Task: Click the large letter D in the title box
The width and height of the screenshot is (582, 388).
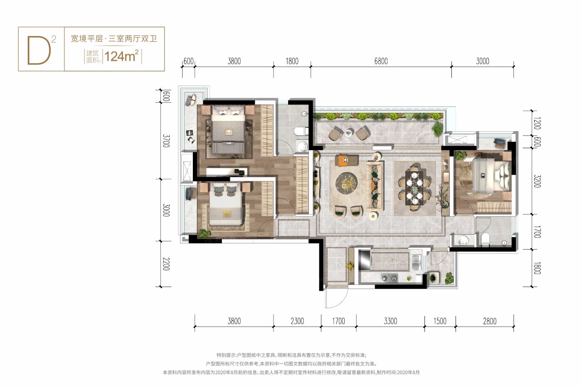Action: [39, 51]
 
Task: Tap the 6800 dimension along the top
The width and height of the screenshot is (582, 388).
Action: [381, 61]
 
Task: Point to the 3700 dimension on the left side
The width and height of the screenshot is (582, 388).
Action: [166, 141]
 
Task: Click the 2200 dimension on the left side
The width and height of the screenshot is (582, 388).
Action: [166, 264]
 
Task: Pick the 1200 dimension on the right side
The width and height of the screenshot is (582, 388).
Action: [537, 124]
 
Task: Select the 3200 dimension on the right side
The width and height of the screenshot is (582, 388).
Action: [537, 181]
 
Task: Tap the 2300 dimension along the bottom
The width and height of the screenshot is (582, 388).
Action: [297, 321]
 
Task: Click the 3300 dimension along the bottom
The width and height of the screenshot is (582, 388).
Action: [390, 321]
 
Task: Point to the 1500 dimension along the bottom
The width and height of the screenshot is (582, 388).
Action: [439, 321]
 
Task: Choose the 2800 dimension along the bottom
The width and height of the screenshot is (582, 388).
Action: [489, 321]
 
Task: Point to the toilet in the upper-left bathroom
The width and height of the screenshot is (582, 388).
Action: [300, 131]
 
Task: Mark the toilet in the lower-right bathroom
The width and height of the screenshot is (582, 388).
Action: [486, 240]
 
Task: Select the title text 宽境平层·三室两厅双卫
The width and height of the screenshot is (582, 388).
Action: [113, 39]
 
